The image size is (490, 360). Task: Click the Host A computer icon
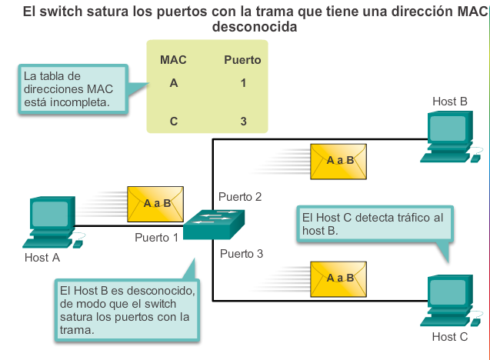click(x=52, y=222)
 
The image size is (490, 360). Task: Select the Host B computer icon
click(x=450, y=137)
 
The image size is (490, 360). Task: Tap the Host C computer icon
click(x=450, y=301)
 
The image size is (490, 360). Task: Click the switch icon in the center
click(x=214, y=225)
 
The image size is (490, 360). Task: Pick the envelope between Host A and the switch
click(x=155, y=205)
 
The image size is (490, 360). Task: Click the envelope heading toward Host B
click(x=338, y=162)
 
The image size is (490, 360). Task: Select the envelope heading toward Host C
click(x=338, y=279)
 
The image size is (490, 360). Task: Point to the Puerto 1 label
click(x=156, y=238)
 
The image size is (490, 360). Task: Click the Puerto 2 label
click(x=240, y=197)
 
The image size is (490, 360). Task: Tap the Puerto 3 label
click(x=242, y=253)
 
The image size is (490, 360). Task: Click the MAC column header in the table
click(x=173, y=60)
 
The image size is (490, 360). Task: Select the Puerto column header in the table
click(x=242, y=60)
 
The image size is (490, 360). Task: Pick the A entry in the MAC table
click(x=174, y=83)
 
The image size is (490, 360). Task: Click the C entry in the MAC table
click(x=174, y=122)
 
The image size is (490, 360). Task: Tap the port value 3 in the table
click(x=243, y=122)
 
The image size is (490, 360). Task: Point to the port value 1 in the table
click(x=243, y=83)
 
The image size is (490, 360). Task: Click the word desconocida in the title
click(x=255, y=27)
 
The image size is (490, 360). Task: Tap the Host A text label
click(x=42, y=258)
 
